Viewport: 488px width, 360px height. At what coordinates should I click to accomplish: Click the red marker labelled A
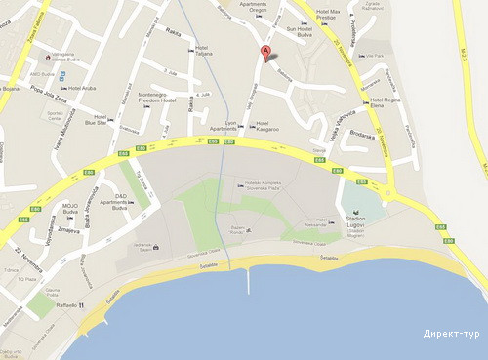pos(264,53)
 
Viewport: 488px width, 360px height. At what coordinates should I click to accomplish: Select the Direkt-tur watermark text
pos(451,335)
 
